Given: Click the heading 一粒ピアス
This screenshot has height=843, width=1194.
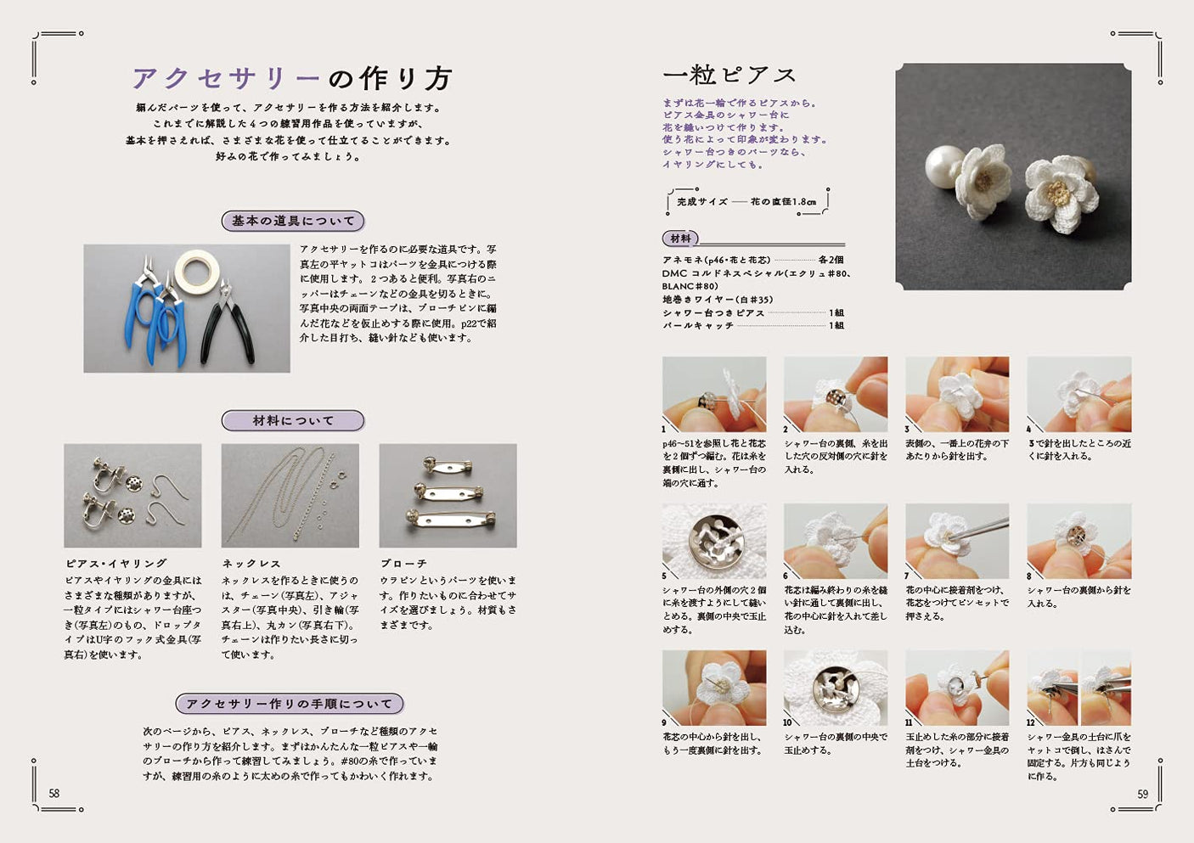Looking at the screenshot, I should coord(729,76).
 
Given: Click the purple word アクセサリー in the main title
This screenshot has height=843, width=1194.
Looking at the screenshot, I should coord(225,79).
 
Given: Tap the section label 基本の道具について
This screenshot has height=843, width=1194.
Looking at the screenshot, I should coord(293,221).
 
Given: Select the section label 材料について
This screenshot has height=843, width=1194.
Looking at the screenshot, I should coord(293,420).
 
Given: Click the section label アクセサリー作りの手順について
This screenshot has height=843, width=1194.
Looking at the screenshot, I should coord(290,704).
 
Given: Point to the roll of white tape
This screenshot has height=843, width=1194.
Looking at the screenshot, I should coord(197,271).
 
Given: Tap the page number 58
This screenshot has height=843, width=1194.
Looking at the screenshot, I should coord(54,794).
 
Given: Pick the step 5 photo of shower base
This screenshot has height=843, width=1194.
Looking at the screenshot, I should coord(714,541).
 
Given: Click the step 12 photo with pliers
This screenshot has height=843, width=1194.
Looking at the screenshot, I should coord(1079,688).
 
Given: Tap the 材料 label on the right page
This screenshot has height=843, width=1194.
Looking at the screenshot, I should coord(680,239).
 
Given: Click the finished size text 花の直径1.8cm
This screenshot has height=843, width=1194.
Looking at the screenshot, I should coord(783,202).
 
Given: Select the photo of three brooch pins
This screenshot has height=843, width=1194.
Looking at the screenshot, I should coord(448,495).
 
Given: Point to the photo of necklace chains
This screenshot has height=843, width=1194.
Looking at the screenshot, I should coord(290,495).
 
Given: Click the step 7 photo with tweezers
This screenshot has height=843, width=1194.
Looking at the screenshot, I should coord(957,541).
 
